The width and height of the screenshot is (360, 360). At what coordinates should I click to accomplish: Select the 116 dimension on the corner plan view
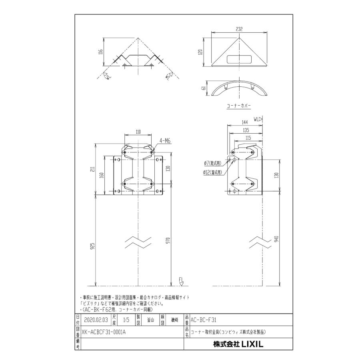pyautogui.click(x=100, y=52)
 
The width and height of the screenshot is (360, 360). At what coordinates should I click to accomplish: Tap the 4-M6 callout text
pyautogui.click(x=166, y=140)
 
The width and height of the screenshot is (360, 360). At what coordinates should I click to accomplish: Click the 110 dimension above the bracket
pyautogui.click(x=138, y=132)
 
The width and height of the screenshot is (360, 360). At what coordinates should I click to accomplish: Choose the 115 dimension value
pyautogui.click(x=248, y=138)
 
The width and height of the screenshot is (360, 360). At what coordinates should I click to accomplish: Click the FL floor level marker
pyautogui.click(x=181, y=280)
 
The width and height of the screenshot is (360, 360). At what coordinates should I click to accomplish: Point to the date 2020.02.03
pyautogui.click(x=94, y=320)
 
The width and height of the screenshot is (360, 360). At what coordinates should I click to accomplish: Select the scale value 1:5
pyautogui.click(x=126, y=320)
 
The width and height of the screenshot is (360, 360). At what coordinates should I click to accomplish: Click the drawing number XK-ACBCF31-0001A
pyautogui.click(x=103, y=332)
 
